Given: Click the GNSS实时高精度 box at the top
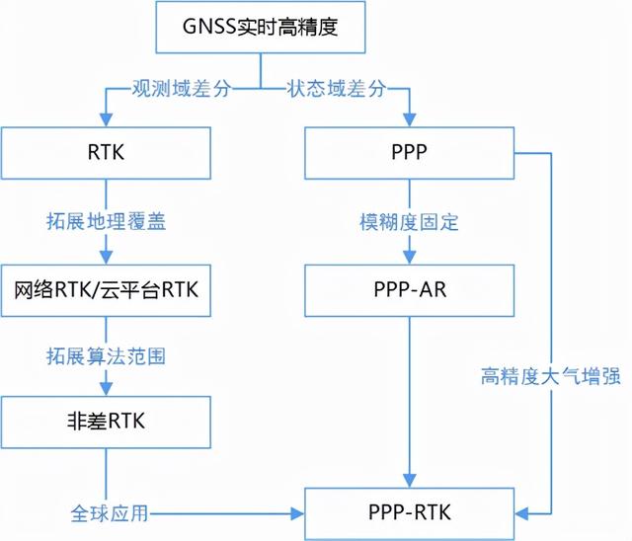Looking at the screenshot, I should pos(261,29).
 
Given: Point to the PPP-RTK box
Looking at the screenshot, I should pos(410,513).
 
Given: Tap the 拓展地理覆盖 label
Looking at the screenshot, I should pos(107,221).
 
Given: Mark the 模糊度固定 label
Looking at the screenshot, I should pos(410,221).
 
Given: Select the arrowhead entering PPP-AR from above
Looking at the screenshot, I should pos(410,258).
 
